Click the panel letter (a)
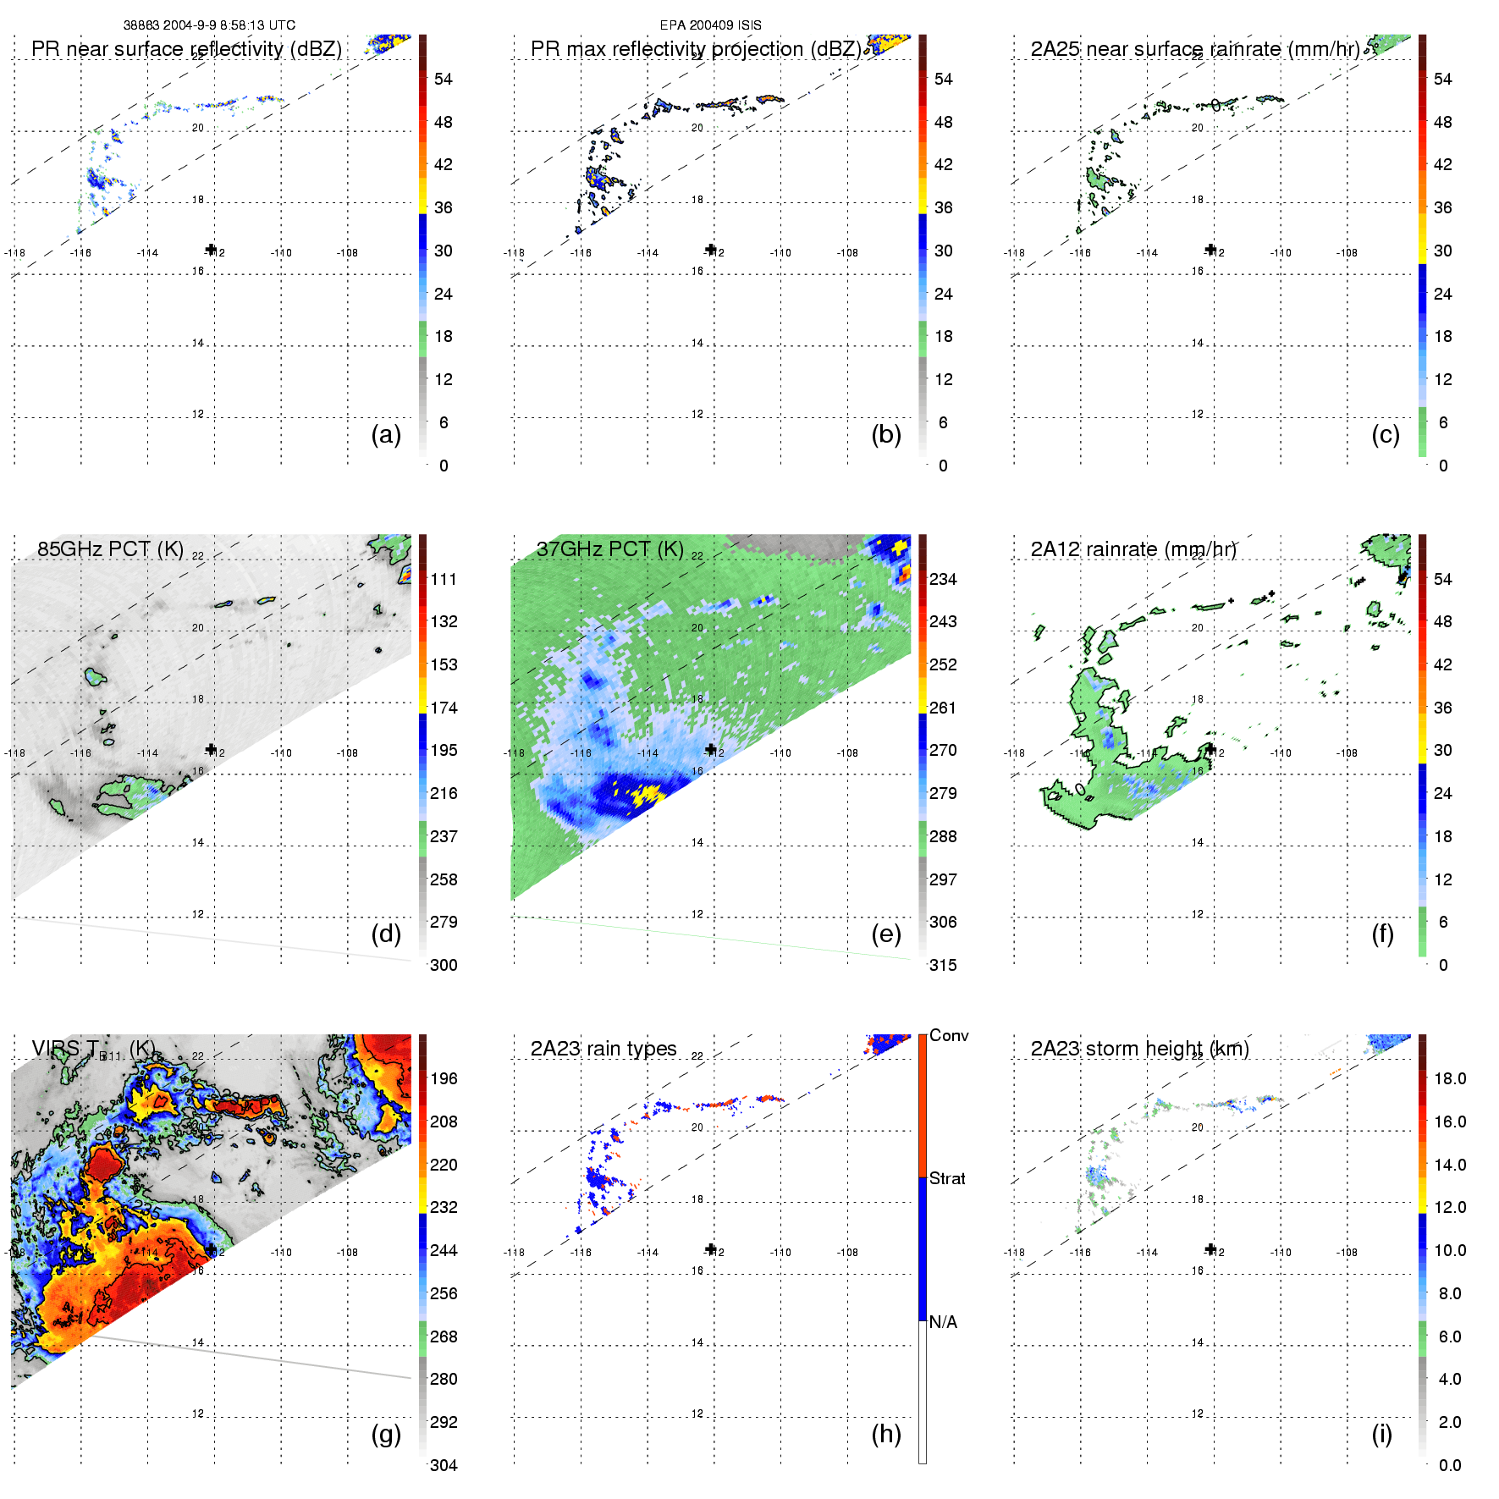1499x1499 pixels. [x=386, y=435]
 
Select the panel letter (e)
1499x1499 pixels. [x=885, y=934]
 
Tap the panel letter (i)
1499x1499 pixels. [x=1381, y=1434]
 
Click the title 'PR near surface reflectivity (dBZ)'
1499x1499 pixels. [x=186, y=49]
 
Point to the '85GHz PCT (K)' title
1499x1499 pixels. [x=110, y=549]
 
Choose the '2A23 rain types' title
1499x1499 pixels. [x=603, y=1049]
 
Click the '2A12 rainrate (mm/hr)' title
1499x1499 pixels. [x=1133, y=549]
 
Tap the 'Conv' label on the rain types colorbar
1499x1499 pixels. [x=949, y=1035]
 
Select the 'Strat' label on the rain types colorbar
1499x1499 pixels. [x=947, y=1178]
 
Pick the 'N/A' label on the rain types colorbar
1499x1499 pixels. [x=943, y=1322]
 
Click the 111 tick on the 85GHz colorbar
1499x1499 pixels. [x=444, y=579]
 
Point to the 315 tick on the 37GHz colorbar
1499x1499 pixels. [x=943, y=965]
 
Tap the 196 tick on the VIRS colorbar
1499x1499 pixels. [x=444, y=1078]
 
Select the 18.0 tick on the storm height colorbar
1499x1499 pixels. [x=1450, y=1078]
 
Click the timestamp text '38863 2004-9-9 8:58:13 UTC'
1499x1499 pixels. [x=209, y=25]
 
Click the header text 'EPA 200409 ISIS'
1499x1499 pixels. [x=711, y=25]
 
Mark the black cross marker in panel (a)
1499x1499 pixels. [x=211, y=249]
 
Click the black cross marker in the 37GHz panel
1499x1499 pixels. [x=710, y=749]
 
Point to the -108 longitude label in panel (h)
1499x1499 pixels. [x=847, y=1252]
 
